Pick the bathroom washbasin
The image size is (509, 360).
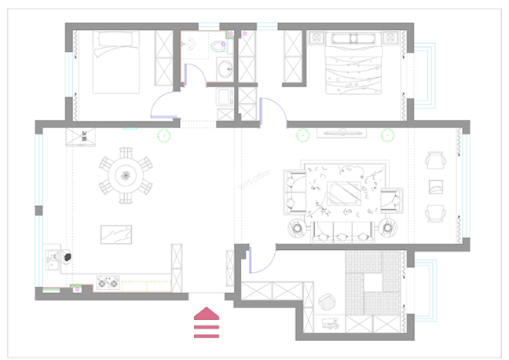pyautogui.click(x=226, y=69)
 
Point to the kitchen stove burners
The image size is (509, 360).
pyautogui.click(x=107, y=281)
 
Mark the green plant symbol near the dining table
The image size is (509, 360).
pyautogui.click(x=164, y=136)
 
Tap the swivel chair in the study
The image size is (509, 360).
pyautogui.click(x=328, y=303)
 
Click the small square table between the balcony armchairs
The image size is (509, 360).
pyautogui.click(x=435, y=186)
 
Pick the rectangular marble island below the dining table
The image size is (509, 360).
pyautogui.click(x=117, y=235)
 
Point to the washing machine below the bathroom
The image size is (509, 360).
pyautogui.click(x=225, y=98)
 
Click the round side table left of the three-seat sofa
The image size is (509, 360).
pyautogui.click(x=298, y=229)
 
